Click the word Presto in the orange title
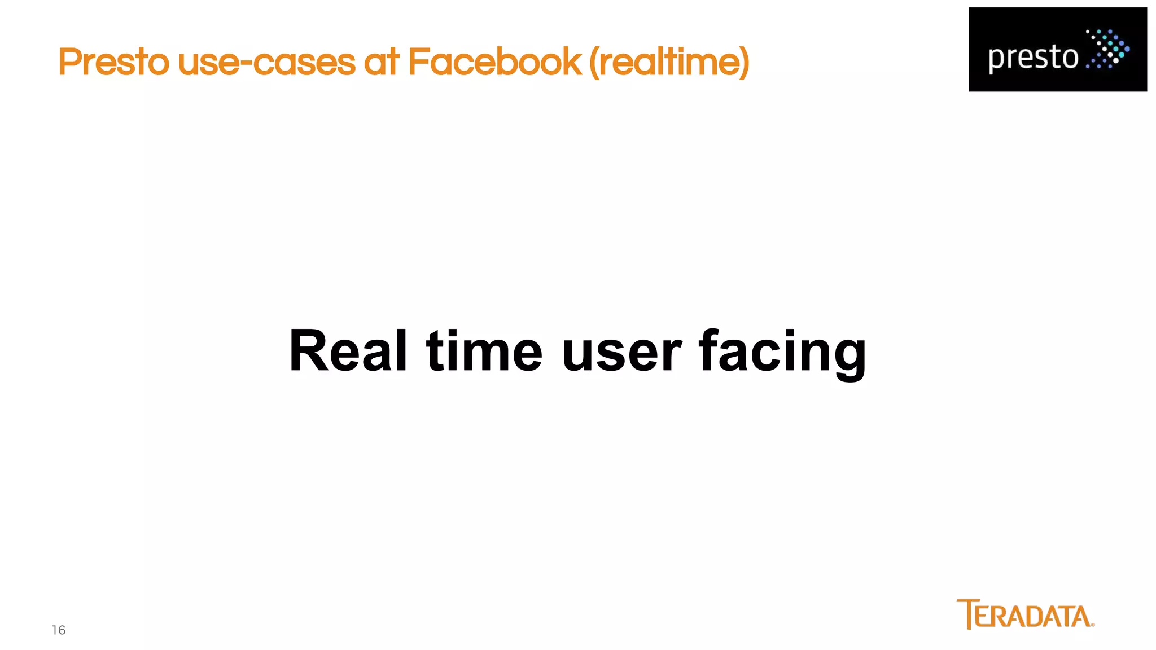113,62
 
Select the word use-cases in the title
266,62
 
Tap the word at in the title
382,62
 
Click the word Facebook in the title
494,62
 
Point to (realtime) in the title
669,62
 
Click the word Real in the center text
348,351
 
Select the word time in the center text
484,351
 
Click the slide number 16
59,630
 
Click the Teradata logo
1025,614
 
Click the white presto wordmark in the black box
1033,58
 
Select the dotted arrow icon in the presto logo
1107,49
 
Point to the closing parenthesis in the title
743,62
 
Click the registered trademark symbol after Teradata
1093,625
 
